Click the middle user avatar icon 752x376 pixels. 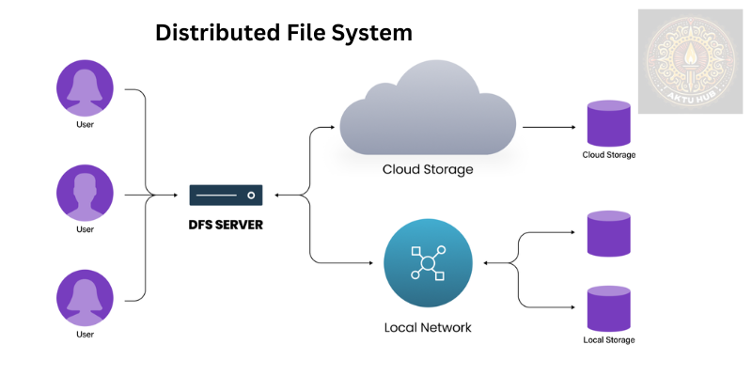[x=85, y=193]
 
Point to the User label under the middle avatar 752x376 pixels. [x=85, y=228]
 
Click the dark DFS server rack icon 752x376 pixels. [x=227, y=196]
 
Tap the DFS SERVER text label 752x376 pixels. [x=227, y=226]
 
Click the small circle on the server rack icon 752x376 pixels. [x=251, y=196]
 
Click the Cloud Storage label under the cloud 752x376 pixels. [x=427, y=170]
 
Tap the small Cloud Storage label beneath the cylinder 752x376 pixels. [x=608, y=154]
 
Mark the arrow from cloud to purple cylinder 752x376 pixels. [x=550, y=126]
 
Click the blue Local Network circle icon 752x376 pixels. [x=427, y=262]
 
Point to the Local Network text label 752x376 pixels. [x=427, y=328]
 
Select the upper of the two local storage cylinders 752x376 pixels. [x=608, y=234]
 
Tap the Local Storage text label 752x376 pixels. [x=608, y=339]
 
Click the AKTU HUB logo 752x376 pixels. [x=690, y=61]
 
